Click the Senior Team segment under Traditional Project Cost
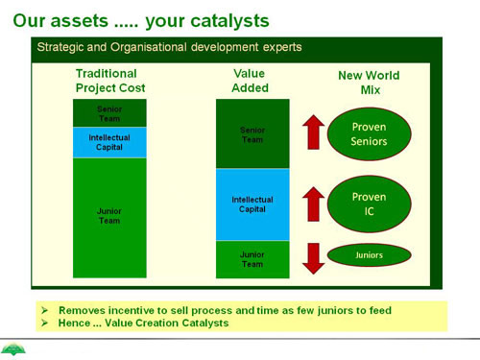coord(109,113)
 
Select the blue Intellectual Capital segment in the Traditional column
coord(109,142)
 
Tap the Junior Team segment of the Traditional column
coord(109,218)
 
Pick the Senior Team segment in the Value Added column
coord(252,133)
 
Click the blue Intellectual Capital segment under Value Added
coord(252,204)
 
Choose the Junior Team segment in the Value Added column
coord(252,259)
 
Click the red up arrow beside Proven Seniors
coord(314,132)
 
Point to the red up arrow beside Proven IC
coord(314,204)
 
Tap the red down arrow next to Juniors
coord(314,258)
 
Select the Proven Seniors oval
coord(369,133)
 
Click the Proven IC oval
coord(369,204)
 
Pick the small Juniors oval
coord(369,255)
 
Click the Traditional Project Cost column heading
coord(110,81)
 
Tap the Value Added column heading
coord(250,81)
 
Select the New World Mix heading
coord(369,83)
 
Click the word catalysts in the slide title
coord(229,21)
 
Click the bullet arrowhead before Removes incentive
coord(44,310)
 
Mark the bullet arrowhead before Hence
coord(44,323)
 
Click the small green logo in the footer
coord(13,349)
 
